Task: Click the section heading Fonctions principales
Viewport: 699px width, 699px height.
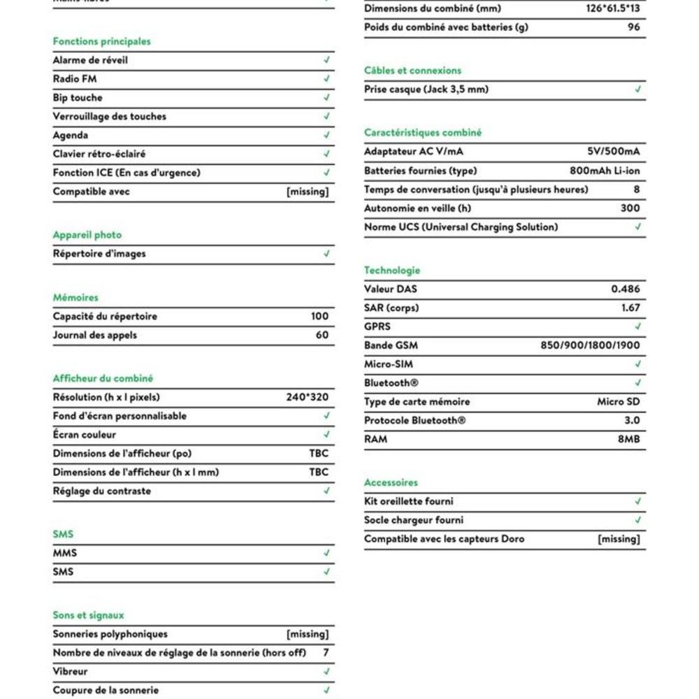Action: tap(101, 41)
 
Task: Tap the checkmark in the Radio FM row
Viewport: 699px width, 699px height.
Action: tap(326, 79)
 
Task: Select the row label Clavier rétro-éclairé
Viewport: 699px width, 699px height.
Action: tap(99, 154)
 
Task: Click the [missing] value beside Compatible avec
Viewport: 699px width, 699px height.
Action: tap(308, 192)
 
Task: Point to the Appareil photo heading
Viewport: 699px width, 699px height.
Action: tap(87, 235)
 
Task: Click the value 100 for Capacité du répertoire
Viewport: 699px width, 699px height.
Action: tap(319, 316)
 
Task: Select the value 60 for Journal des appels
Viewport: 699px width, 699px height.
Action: tap(322, 335)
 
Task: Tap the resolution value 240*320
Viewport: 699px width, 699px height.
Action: tap(307, 397)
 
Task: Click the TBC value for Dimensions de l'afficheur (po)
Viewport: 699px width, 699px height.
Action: tap(319, 453)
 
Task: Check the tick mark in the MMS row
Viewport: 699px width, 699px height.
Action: tap(326, 553)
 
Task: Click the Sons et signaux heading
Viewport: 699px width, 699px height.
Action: tap(88, 615)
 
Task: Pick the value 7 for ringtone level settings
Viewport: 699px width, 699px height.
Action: tap(325, 652)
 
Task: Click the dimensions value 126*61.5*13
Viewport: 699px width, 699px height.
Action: tap(613, 9)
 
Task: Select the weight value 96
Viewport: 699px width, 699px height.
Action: tap(633, 27)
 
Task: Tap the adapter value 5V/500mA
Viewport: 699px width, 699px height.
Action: tap(614, 152)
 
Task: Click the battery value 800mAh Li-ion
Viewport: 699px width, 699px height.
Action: tap(605, 171)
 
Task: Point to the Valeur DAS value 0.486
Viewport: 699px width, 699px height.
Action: tap(625, 289)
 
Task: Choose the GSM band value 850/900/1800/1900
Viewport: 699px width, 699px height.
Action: tap(590, 345)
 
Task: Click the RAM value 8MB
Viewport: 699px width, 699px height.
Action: tap(628, 439)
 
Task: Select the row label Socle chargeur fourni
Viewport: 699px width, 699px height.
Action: tap(413, 520)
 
